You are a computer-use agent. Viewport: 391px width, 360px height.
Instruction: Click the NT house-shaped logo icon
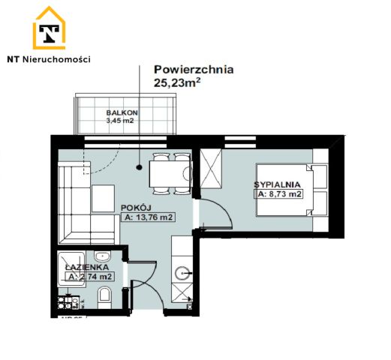50,29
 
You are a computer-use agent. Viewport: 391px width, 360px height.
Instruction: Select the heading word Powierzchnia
194,70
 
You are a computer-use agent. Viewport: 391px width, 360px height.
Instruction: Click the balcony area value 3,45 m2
121,120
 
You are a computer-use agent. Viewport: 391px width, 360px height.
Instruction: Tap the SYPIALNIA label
279,183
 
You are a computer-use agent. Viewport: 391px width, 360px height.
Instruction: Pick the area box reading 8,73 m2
279,194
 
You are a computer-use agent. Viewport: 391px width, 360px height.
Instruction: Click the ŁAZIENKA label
87,266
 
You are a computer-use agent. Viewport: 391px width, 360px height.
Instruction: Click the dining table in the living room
167,175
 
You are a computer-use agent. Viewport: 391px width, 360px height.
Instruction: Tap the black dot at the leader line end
140,169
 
